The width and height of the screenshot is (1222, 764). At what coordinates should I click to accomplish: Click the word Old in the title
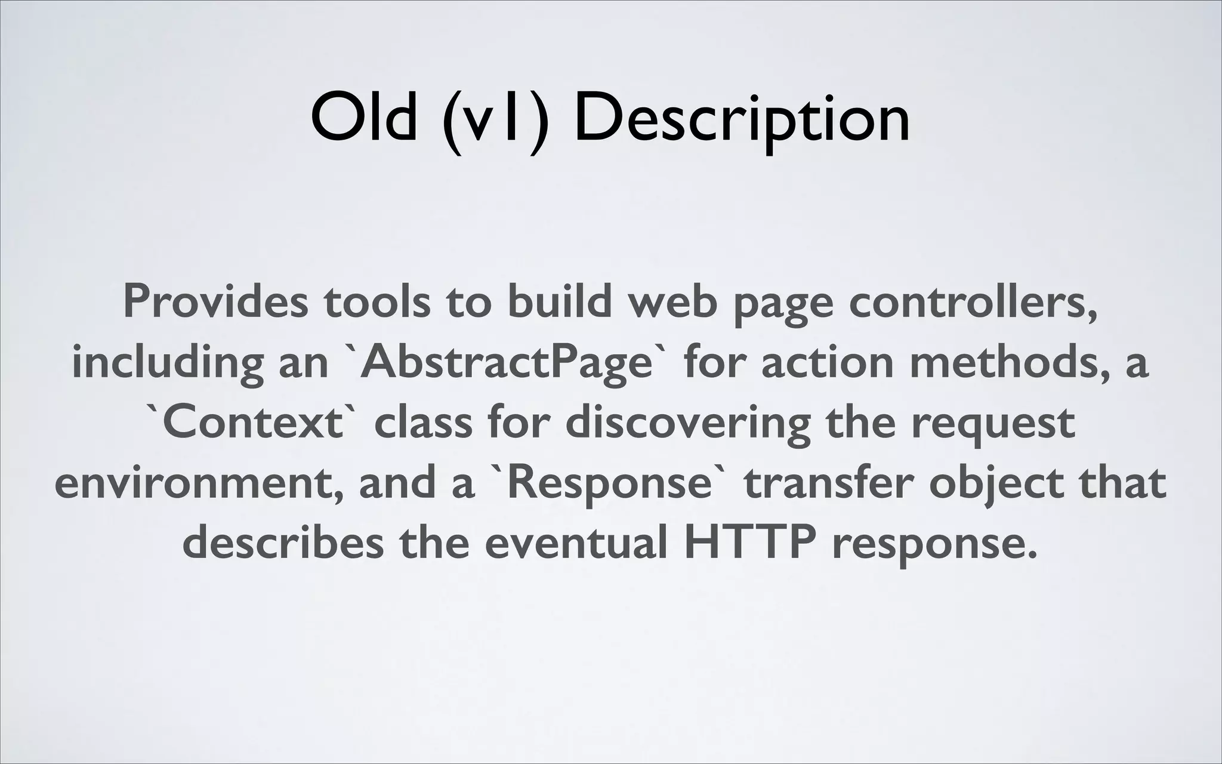click(363, 118)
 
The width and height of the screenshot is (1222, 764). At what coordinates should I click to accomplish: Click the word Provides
click(215, 301)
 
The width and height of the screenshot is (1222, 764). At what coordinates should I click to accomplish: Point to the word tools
click(377, 301)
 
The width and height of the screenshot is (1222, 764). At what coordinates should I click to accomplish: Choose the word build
click(560, 301)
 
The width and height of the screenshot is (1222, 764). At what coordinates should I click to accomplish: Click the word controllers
click(973, 303)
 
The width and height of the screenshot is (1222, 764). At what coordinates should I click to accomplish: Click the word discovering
click(688, 423)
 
